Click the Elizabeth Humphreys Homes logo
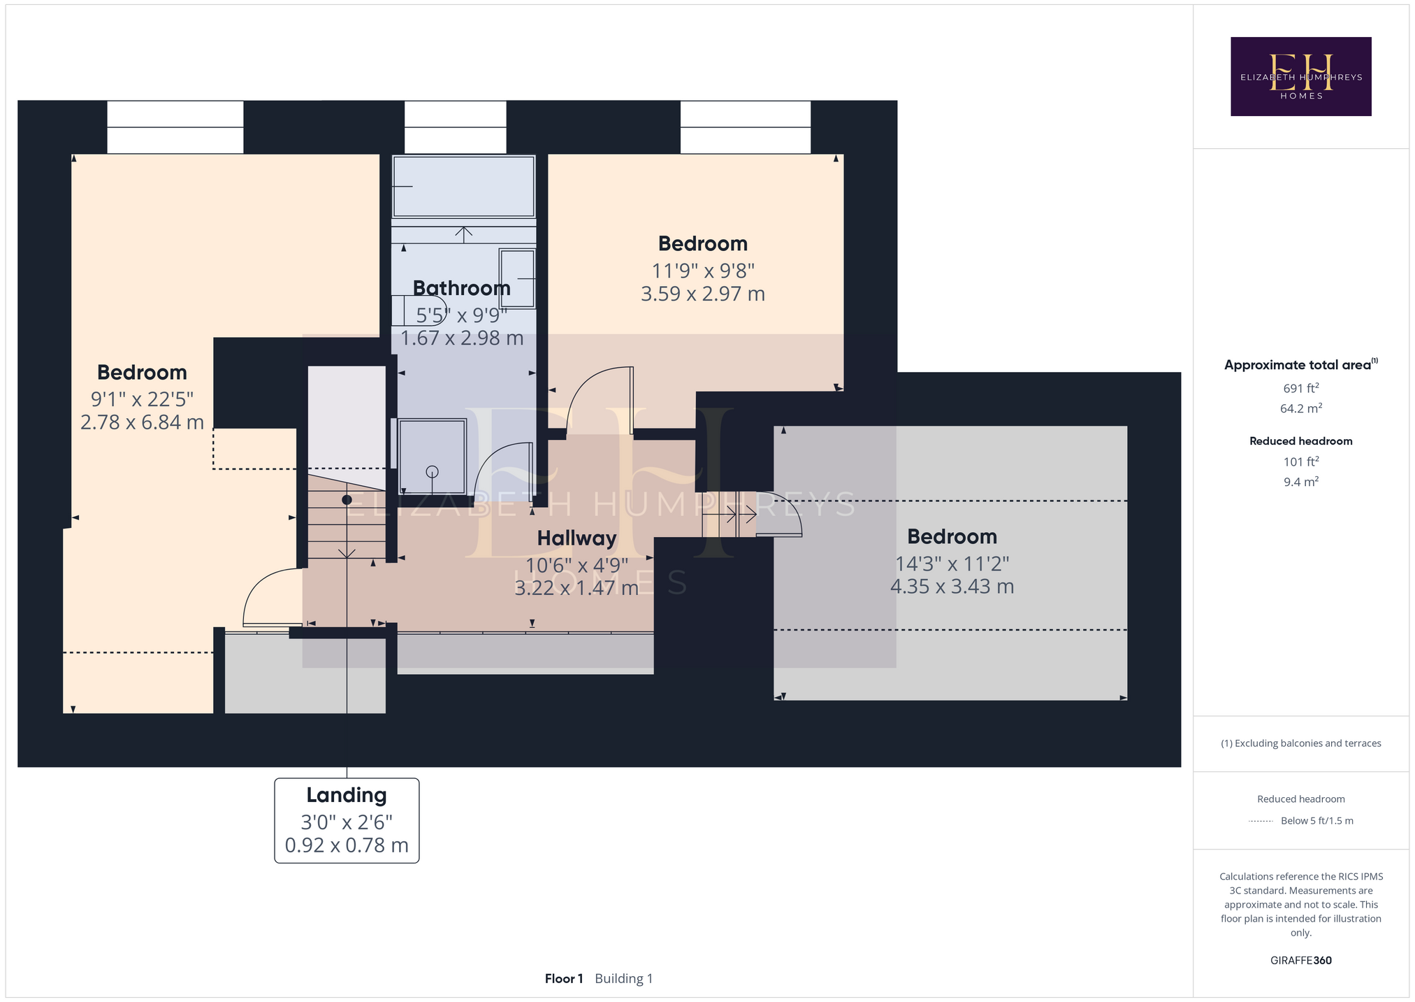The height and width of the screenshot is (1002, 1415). (1300, 76)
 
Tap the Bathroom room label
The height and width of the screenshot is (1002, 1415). (461, 288)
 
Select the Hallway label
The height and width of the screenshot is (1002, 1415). (576, 538)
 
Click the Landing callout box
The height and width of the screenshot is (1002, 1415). (347, 820)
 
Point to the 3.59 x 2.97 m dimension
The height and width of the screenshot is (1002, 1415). (703, 294)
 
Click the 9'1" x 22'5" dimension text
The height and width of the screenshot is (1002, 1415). (142, 399)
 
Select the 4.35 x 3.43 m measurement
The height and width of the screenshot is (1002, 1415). (952, 586)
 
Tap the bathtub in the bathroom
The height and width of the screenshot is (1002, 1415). (463, 186)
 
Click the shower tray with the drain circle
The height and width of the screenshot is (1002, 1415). (432, 457)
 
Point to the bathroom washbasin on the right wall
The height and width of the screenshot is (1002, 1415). (517, 278)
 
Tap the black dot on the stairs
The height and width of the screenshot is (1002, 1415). (347, 500)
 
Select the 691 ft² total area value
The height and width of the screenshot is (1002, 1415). (1300, 388)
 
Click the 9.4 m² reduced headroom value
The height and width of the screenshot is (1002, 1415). (1300, 482)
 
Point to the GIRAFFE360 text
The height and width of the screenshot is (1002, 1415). (1300, 960)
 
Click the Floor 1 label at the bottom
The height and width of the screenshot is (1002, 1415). (564, 978)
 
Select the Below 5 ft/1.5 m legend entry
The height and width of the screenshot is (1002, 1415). (1316, 821)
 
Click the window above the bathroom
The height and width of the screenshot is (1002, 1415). (456, 127)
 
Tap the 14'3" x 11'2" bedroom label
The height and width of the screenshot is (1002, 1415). (952, 564)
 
